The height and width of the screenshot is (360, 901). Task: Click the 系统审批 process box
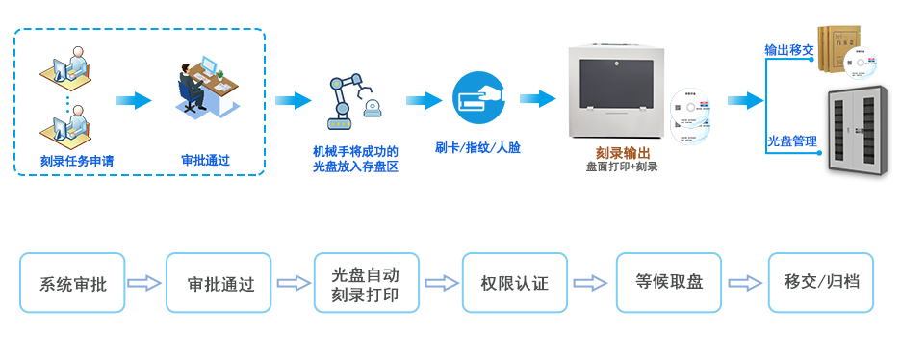72,283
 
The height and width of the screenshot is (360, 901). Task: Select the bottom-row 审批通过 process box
219,283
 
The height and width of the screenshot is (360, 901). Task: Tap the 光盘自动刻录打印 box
366,283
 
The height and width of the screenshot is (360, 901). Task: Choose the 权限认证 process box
514,283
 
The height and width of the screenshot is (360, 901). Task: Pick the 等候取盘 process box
669,282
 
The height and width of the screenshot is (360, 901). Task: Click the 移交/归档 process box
820,282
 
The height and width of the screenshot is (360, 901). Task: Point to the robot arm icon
351,101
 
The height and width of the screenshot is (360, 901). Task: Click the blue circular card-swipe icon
478,98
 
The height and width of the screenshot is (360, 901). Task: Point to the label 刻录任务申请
77,161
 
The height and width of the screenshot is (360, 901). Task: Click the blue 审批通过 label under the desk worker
206,160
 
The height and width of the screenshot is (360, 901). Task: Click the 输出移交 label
789,49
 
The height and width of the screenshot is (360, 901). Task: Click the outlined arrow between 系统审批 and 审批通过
144,283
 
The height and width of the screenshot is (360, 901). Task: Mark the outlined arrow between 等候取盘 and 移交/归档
744,283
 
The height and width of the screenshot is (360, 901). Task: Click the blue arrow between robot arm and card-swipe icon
424,100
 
